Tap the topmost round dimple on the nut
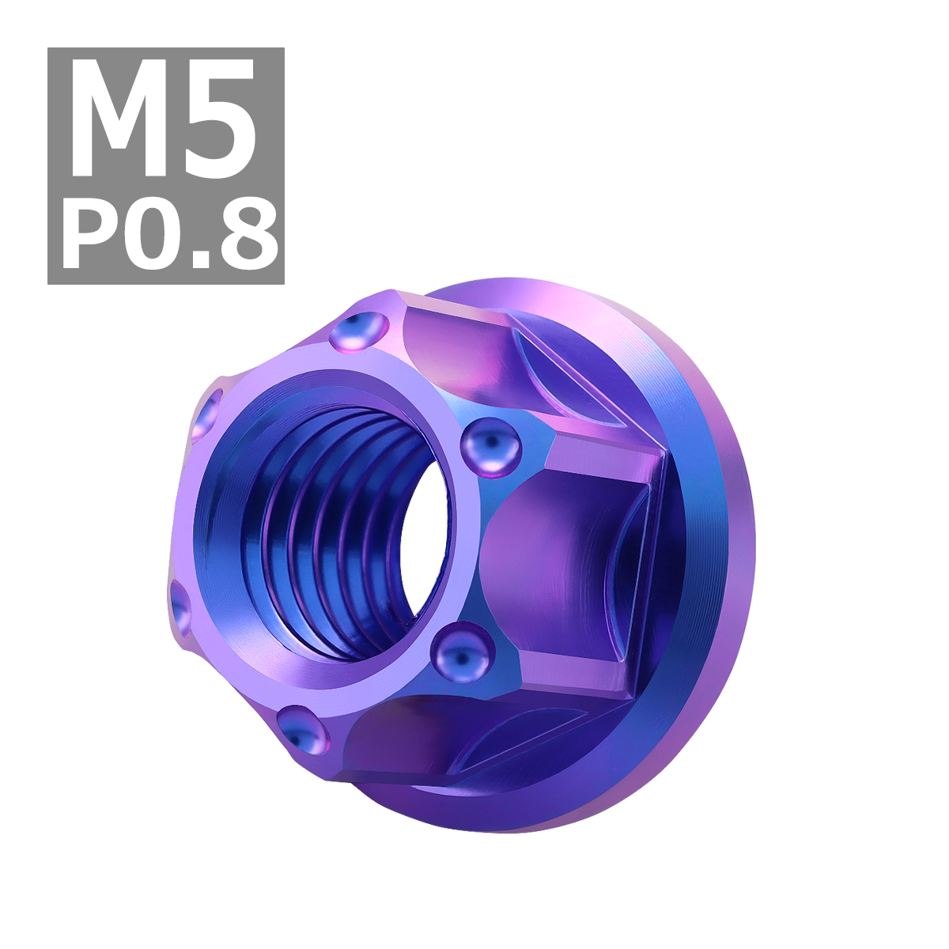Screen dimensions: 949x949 (x=360, y=332)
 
